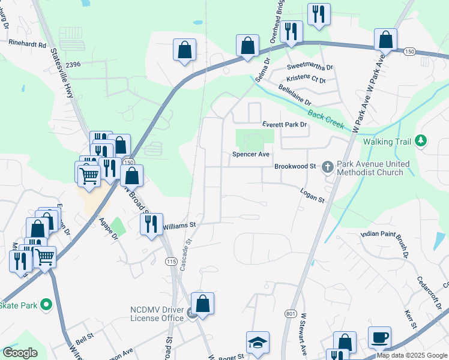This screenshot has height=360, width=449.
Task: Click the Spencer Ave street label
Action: click(x=251, y=154)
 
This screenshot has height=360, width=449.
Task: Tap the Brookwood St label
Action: click(x=295, y=166)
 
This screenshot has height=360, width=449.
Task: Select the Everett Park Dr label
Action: click(x=284, y=124)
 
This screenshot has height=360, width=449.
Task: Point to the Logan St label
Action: click(x=312, y=195)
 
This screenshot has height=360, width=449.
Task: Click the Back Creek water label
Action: click(x=325, y=119)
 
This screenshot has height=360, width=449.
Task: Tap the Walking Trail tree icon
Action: click(x=421, y=140)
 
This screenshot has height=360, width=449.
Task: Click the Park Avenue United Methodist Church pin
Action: click(x=328, y=166)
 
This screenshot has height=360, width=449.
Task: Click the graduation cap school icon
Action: click(x=258, y=343)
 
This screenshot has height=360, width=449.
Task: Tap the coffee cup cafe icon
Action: click(x=379, y=337)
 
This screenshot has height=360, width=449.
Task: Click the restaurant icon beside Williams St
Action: click(x=151, y=224)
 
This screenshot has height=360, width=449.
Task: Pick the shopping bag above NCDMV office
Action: click(x=203, y=303)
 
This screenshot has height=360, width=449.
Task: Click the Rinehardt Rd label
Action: click(x=28, y=44)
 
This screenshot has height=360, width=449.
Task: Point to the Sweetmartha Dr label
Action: click(x=310, y=67)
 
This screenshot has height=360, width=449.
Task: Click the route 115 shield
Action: click(x=171, y=262)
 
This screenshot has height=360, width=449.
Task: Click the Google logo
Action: click(x=20, y=353)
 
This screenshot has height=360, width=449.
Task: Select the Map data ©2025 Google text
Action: click(x=412, y=355)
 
